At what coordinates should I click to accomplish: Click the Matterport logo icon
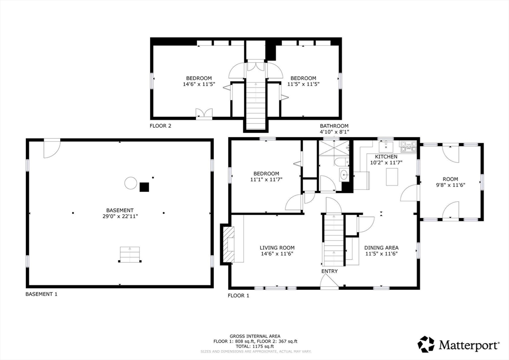pos(426,344)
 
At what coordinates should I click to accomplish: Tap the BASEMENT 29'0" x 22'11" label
pos(120,213)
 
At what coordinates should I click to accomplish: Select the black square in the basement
pos(144,187)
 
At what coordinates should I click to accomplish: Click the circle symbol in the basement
pos(131,183)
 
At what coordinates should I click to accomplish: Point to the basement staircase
pos(130,254)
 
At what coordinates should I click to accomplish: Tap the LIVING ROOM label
pos(277,248)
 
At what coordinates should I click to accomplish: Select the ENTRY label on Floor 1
pos(330,271)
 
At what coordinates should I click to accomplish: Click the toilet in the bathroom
pos(341,162)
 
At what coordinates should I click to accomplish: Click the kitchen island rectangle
pos(392,177)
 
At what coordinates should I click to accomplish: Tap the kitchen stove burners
pos(408,146)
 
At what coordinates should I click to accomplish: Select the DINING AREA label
pos(381,248)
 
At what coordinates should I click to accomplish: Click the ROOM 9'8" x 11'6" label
pos(450,182)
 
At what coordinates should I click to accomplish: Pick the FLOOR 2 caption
pos(161,126)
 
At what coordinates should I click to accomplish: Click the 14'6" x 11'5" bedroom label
pos(199,81)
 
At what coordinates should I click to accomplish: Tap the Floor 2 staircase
pos(256,105)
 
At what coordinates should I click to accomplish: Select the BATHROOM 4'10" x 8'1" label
pos(334,129)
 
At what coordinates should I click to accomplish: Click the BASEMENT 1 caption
pos(41,294)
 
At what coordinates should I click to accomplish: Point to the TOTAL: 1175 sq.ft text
pos(255,347)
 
